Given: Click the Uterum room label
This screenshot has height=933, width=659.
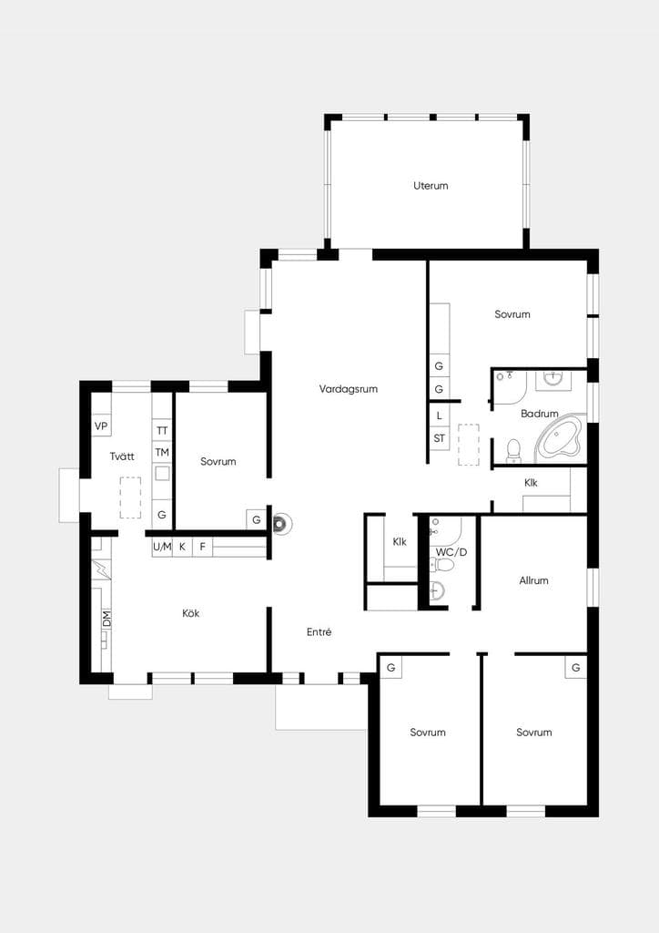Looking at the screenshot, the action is pos(431,186).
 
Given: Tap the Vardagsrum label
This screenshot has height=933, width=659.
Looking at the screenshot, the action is pos(349,389).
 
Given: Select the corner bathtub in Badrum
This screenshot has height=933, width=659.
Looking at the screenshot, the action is pos(559,439).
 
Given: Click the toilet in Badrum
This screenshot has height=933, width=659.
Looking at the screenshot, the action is pos(512,450).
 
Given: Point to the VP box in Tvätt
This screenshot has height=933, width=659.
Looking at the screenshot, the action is pos(101,426).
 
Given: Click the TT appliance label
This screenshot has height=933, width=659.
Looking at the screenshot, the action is pos(162,430).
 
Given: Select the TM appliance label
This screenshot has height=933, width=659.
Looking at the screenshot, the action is pos(162,453).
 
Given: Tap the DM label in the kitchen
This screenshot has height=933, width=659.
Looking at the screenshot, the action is pos(106,619).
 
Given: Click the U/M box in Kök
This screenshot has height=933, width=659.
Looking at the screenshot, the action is pos(162,547).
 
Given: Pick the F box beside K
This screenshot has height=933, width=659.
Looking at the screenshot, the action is pos(203,547).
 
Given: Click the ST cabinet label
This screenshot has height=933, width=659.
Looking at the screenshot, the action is pos(439,438).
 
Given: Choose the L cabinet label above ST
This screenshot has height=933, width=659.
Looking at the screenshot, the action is pos(439,415).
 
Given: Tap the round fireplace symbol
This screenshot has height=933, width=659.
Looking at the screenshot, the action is pos(282,524).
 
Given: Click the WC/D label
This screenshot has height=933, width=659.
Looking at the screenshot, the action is pos(451,552).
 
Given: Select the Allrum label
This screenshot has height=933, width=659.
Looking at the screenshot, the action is pos(533,580).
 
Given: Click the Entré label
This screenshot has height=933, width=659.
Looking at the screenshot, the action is pos(319,632).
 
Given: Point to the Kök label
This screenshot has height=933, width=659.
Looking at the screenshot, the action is pos(191,613).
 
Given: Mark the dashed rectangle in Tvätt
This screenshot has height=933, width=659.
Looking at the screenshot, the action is pos(131,497).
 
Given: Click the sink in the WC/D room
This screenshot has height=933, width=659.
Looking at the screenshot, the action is pos(437,590).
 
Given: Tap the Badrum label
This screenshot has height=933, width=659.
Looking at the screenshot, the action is pos(540,414).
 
